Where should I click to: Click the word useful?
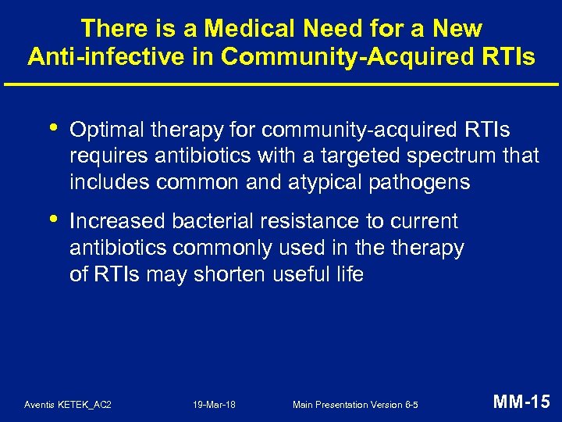(x=304, y=275)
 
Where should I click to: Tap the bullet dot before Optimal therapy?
(x=52, y=127)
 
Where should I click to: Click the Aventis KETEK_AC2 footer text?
(x=68, y=405)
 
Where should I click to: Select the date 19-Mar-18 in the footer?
(x=214, y=405)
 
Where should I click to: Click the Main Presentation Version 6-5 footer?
(x=355, y=405)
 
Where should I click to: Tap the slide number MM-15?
(x=521, y=403)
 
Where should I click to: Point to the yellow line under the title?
(x=281, y=84)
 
